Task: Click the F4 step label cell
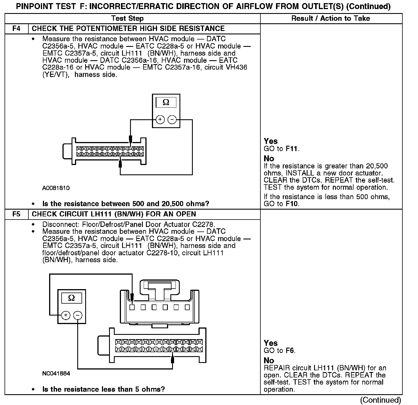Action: click(x=16, y=29)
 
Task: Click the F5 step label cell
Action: click(x=16, y=214)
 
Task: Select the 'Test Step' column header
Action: click(x=127, y=18)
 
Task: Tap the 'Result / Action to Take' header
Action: click(x=331, y=18)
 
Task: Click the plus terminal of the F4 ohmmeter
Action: click(x=160, y=120)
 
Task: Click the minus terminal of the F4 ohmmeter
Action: click(x=172, y=120)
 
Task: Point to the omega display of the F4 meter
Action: click(x=166, y=103)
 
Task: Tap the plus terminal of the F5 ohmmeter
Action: click(x=66, y=315)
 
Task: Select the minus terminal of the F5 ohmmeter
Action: click(x=78, y=315)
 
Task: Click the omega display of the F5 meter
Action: click(x=72, y=298)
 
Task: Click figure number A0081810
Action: click(x=56, y=188)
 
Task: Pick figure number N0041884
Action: click(x=56, y=373)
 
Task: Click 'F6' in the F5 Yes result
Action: click(x=290, y=350)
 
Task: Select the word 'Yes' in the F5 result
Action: click(x=270, y=343)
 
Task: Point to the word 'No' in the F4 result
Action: click(x=269, y=158)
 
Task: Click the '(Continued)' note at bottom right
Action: click(x=381, y=400)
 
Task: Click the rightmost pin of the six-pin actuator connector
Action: click(x=187, y=307)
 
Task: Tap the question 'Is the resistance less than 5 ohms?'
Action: click(x=103, y=389)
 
